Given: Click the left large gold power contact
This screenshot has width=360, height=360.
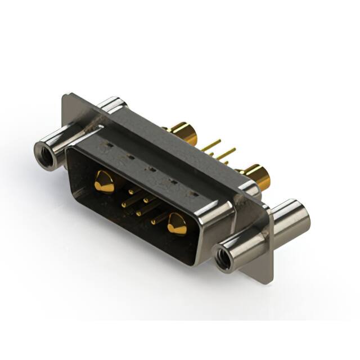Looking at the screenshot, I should (x=103, y=181).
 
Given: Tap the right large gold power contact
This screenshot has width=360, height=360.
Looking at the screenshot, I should (x=177, y=223).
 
